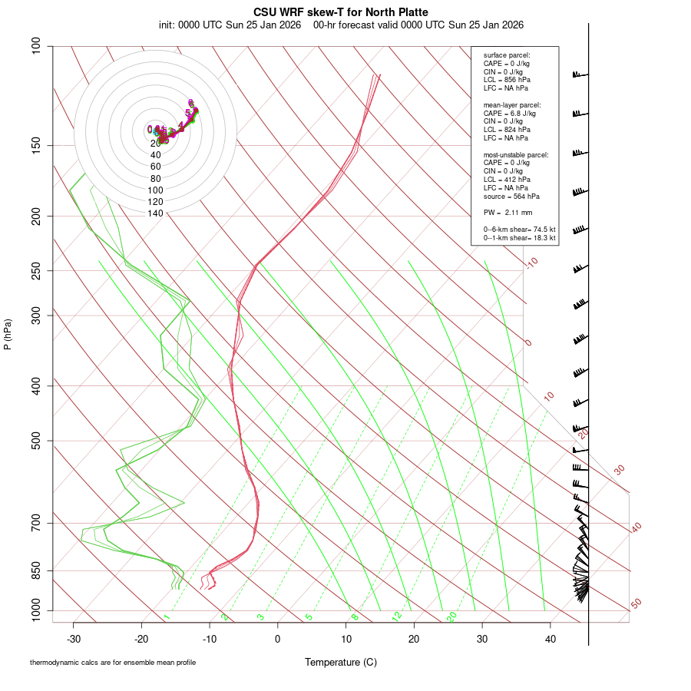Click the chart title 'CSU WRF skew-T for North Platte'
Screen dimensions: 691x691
[341, 12]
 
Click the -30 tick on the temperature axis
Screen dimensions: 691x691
[74, 639]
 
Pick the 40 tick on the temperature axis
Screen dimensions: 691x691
[550, 639]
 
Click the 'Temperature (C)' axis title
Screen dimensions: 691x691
[341, 662]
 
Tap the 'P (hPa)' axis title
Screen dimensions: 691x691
[8, 334]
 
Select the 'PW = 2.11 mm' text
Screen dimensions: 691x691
[508, 213]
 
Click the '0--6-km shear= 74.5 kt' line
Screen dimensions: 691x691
[519, 230]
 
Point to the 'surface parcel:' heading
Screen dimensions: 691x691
[507, 55]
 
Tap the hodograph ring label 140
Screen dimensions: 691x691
[156, 213]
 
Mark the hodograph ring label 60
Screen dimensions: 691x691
[156, 167]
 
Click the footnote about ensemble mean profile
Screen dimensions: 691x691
[113, 663]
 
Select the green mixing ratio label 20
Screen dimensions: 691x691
[452, 617]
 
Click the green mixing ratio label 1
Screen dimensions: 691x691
[166, 617]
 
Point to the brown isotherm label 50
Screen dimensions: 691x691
[636, 604]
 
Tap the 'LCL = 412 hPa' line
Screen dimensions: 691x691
[507, 179]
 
